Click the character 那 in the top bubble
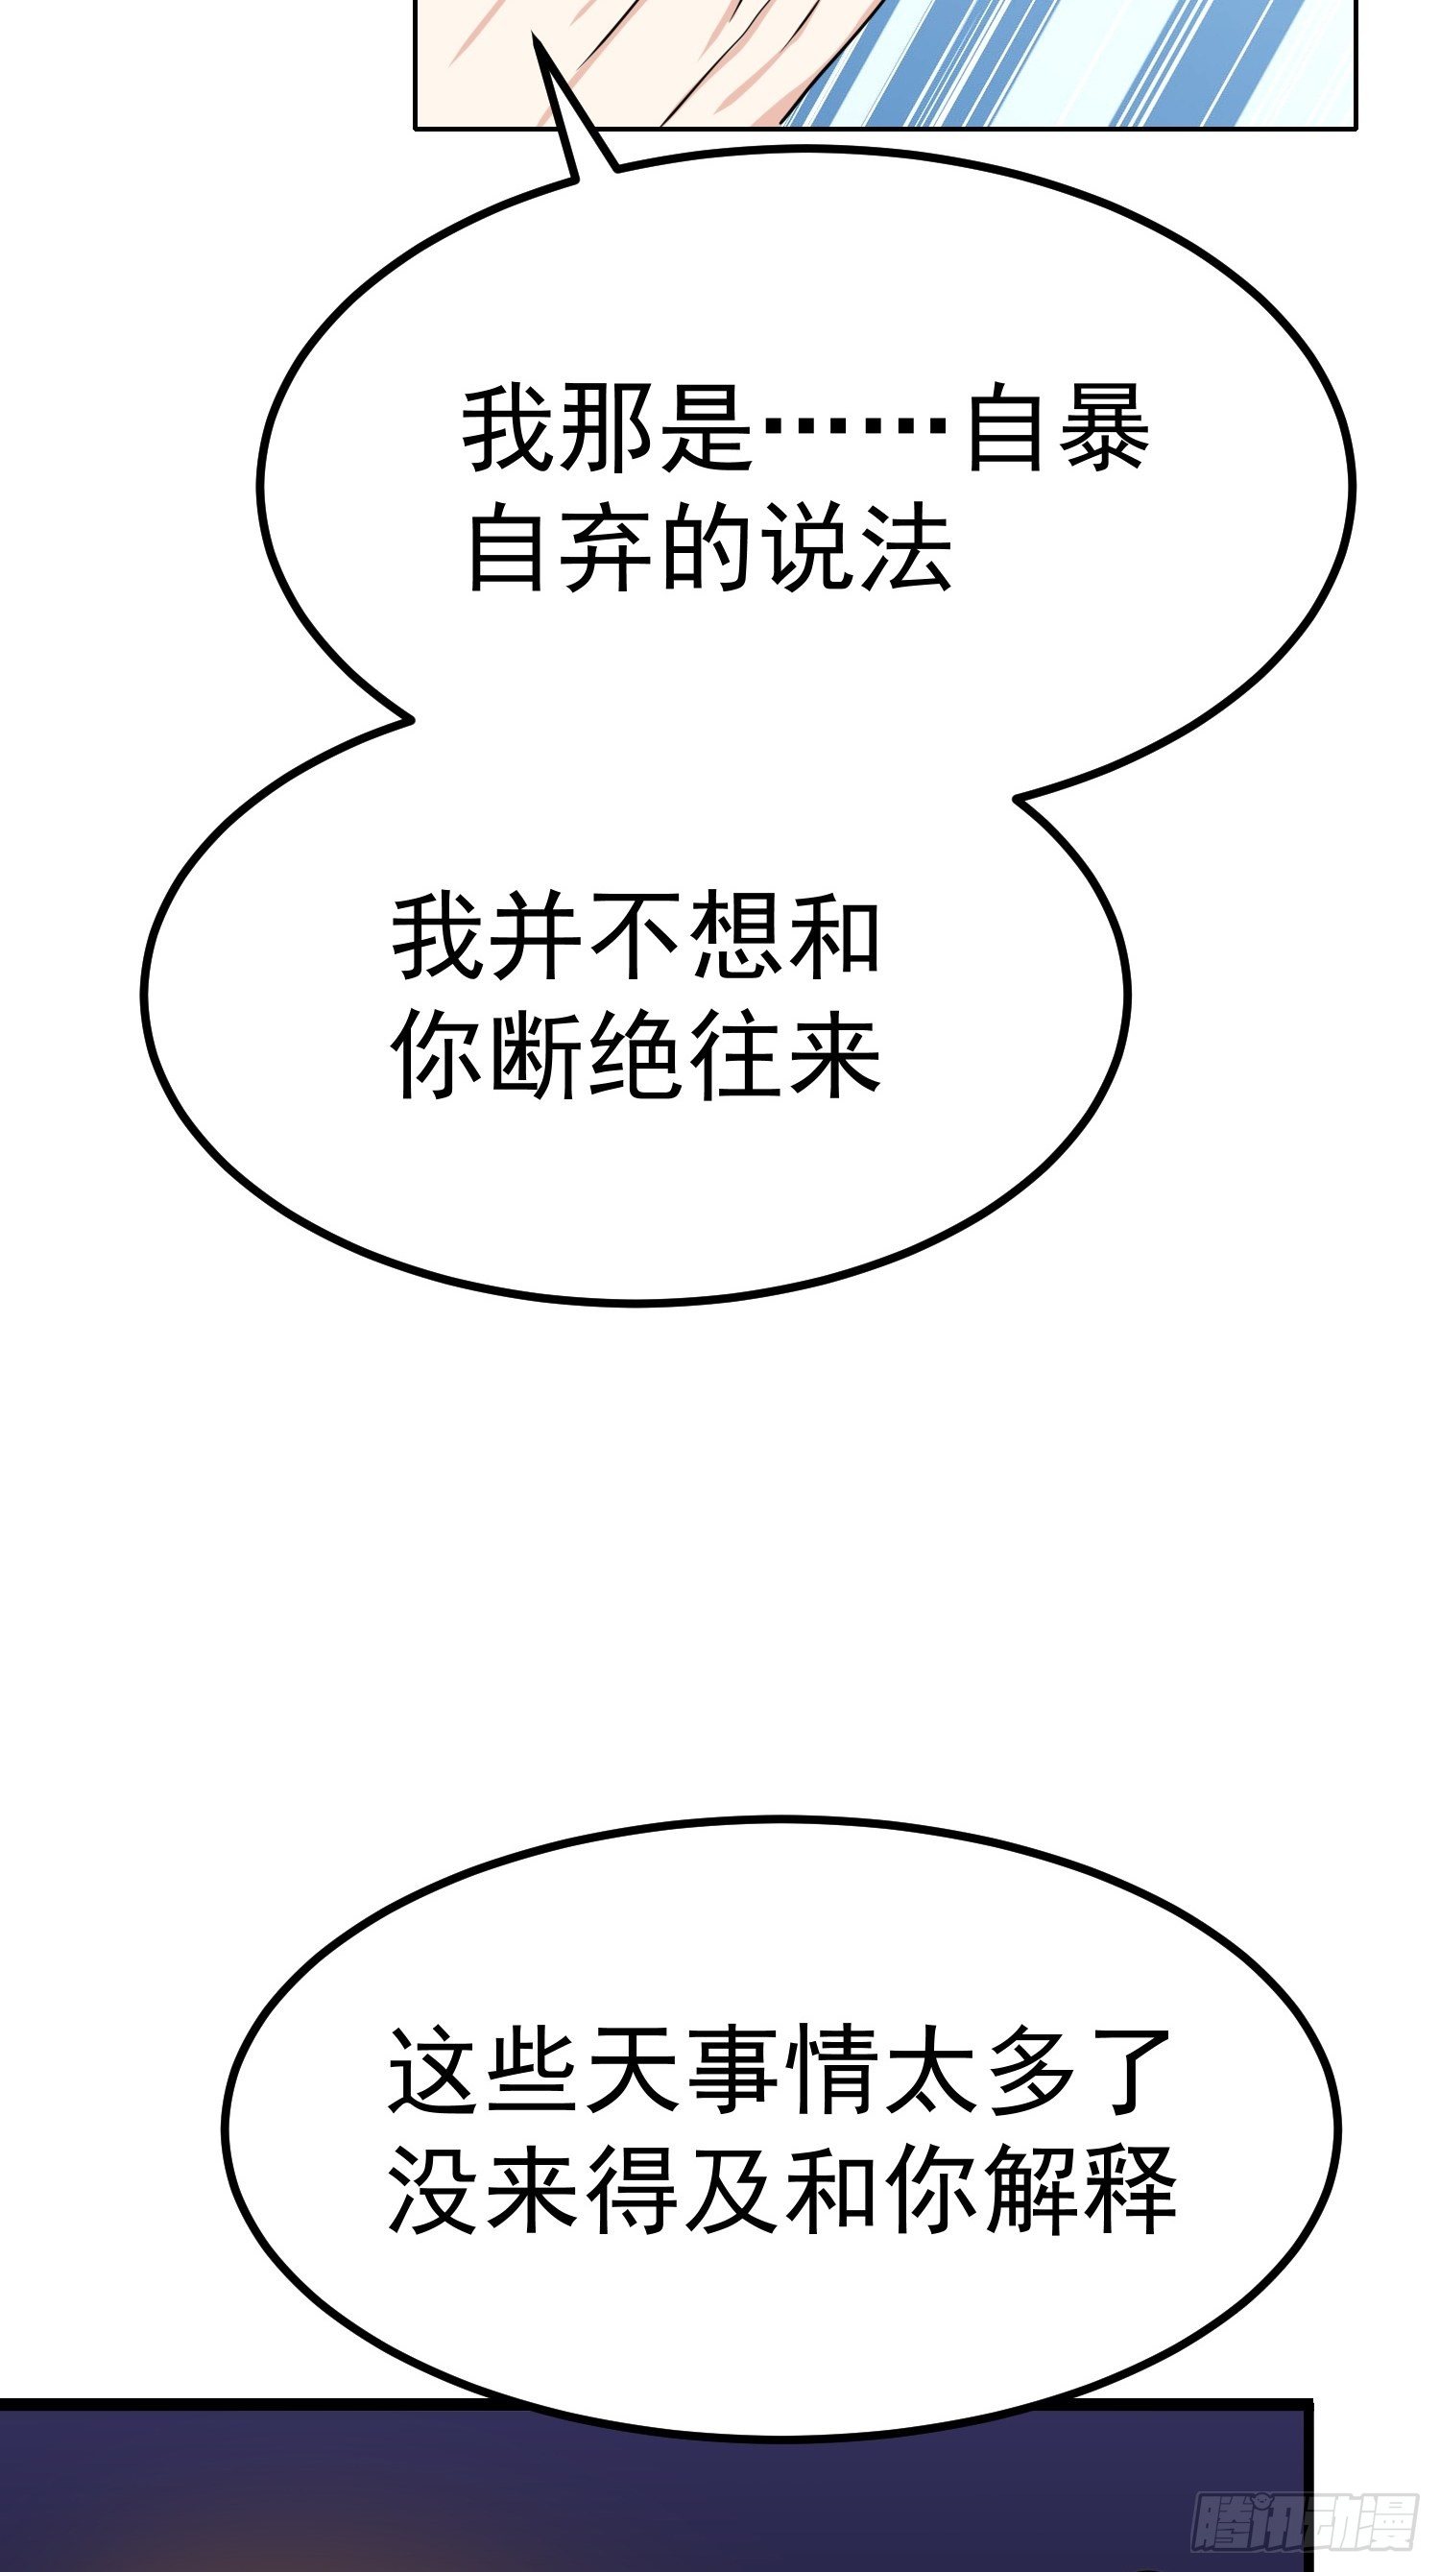pyautogui.click(x=608, y=431)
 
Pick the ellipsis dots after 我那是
pyautogui.click(x=854, y=429)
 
